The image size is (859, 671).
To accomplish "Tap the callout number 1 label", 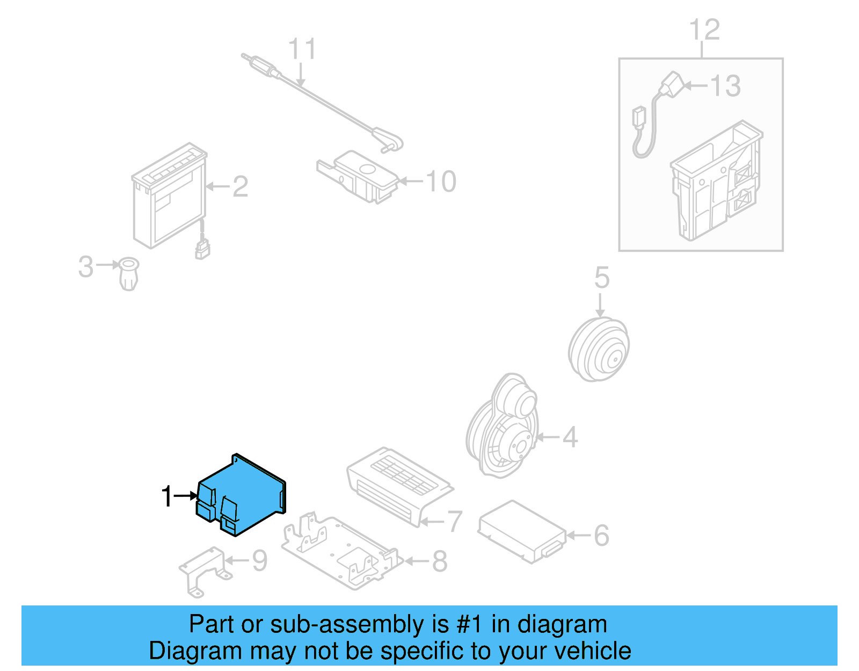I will (x=167, y=496).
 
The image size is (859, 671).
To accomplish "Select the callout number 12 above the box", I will (x=704, y=30).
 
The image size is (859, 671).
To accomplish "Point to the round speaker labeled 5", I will (x=599, y=350).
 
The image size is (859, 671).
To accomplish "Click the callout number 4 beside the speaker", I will (x=570, y=437).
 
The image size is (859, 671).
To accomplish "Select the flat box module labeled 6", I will (x=522, y=532).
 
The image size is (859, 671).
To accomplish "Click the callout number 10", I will (x=441, y=182).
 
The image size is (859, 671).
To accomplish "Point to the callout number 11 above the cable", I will (x=302, y=49).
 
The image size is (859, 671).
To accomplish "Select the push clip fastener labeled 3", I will (x=128, y=273).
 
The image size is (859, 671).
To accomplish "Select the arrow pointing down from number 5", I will (x=600, y=306).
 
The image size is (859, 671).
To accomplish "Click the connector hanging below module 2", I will (x=202, y=248).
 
